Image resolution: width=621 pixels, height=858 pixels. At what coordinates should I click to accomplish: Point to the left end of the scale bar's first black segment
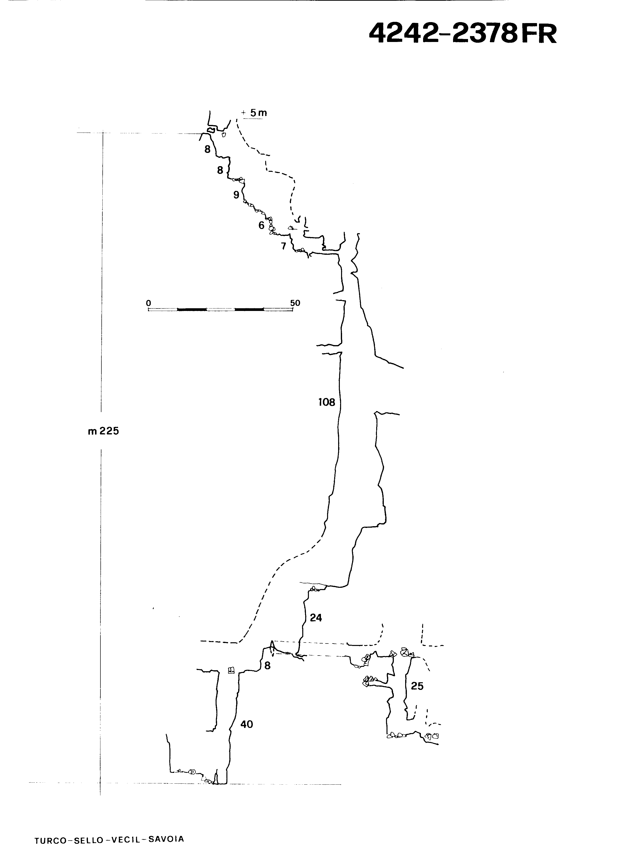point(177,309)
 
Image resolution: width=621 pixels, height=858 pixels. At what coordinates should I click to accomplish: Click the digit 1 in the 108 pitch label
point(320,402)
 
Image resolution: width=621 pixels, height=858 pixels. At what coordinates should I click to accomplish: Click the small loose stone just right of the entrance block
point(224,134)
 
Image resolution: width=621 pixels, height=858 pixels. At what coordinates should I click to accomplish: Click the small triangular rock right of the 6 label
point(291,228)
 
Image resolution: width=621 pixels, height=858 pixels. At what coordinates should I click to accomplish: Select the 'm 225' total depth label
point(103,431)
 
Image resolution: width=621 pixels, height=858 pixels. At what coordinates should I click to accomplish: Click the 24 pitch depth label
point(316,618)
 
